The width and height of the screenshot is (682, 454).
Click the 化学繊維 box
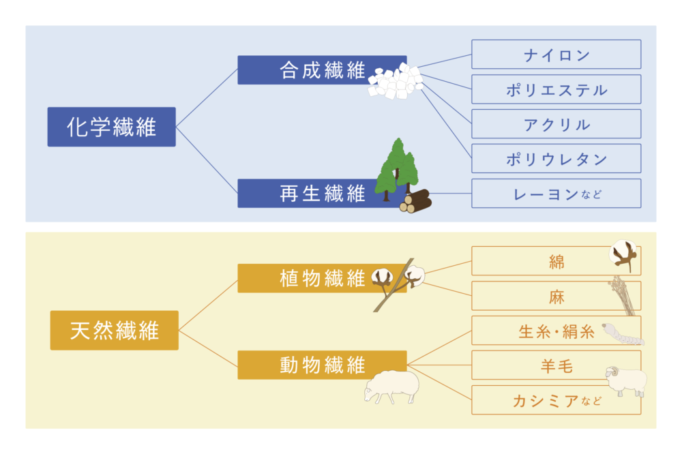point(111,127)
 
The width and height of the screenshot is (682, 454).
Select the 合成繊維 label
point(323,70)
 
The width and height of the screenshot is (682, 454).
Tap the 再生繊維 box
point(323,193)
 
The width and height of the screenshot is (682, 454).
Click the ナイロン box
point(557,55)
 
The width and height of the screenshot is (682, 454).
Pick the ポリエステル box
point(557,89)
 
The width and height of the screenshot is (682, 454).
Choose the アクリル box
point(557,124)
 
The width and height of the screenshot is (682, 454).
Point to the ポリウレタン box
point(557,158)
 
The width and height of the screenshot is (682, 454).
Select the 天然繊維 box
point(115,330)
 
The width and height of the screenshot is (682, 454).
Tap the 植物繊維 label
point(323,278)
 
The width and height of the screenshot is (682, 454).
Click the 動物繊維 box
point(323,365)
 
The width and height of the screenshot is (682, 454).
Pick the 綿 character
point(557,262)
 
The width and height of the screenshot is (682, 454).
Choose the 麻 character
point(557,297)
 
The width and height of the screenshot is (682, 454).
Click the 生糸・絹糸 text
point(557,332)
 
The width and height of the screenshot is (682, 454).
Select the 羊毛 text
point(557,366)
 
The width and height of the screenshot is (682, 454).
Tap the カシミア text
point(546,401)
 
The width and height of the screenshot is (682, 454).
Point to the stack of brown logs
point(416,201)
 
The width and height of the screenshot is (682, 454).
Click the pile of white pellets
point(396,81)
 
